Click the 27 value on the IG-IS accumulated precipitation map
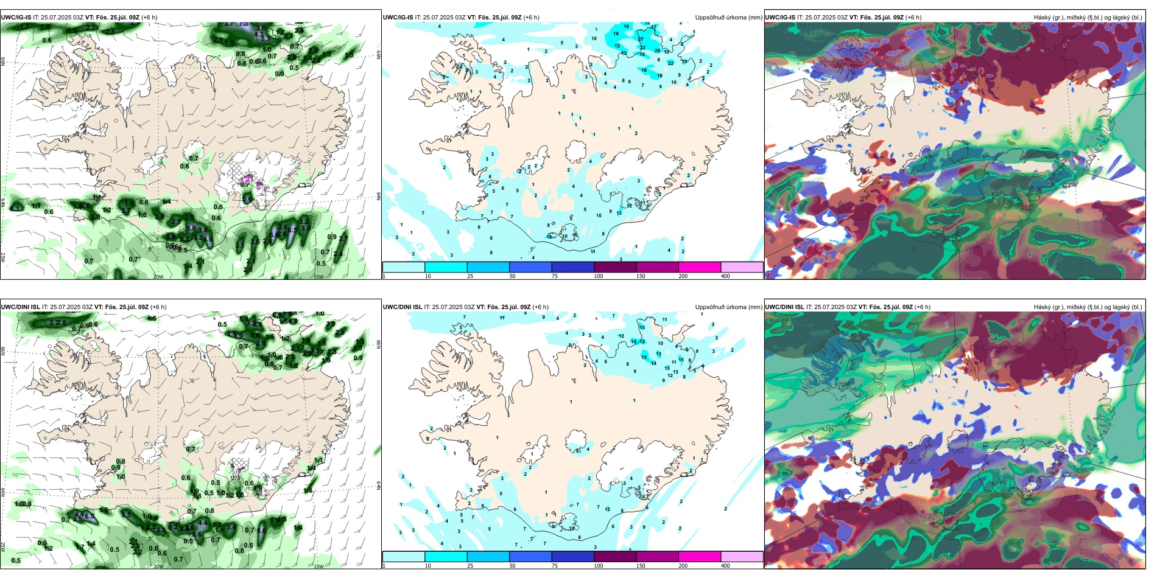641,39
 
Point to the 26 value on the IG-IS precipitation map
657,51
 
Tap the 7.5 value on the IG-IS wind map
244,24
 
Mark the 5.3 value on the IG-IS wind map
265,38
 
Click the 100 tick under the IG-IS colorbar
599,276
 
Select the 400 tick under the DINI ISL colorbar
725,566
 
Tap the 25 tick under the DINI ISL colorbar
470,566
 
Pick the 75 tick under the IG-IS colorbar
555,276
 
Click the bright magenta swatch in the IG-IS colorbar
700,267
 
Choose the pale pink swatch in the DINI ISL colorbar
742,557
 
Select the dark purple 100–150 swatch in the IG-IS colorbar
615,267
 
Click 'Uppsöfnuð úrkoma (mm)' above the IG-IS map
728,18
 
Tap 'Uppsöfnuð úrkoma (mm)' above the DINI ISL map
728,307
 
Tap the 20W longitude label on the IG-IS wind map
158,277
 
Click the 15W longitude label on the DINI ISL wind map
318,566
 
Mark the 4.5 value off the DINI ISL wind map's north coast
152,318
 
